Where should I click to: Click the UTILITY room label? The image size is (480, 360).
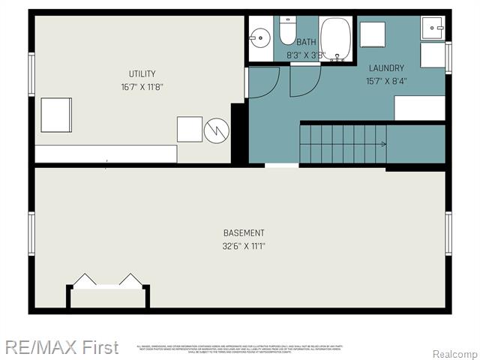142,73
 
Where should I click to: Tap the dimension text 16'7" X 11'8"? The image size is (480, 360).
142,86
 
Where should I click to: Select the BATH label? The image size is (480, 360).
306,43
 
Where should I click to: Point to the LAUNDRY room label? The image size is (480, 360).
385,68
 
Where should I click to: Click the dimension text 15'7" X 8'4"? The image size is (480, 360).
385,81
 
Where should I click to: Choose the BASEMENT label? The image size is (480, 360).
244,233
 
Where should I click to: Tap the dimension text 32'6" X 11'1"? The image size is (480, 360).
244,246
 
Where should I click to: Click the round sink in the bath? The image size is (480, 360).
260,37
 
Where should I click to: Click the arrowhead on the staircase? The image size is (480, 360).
383,144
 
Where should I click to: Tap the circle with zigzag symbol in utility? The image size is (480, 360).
215,130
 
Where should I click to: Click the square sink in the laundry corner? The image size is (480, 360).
432,28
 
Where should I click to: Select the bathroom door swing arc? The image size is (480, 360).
304,80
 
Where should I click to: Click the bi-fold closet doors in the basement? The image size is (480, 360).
109,280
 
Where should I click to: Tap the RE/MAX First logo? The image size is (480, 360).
61,347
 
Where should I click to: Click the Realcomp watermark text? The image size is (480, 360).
454,353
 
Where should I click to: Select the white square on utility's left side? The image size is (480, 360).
56,115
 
